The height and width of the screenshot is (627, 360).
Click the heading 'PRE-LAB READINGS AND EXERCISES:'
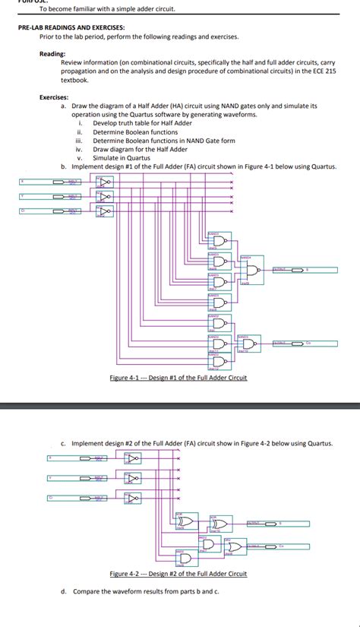point(72,27)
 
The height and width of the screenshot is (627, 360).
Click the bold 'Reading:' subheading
point(52,54)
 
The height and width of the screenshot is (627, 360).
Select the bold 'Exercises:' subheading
point(54,97)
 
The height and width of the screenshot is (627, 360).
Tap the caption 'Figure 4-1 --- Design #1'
point(178,378)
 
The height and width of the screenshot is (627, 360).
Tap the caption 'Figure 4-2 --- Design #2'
point(178,574)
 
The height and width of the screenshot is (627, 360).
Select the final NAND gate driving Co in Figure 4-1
point(248,344)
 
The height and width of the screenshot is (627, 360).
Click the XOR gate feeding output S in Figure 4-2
point(220,524)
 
